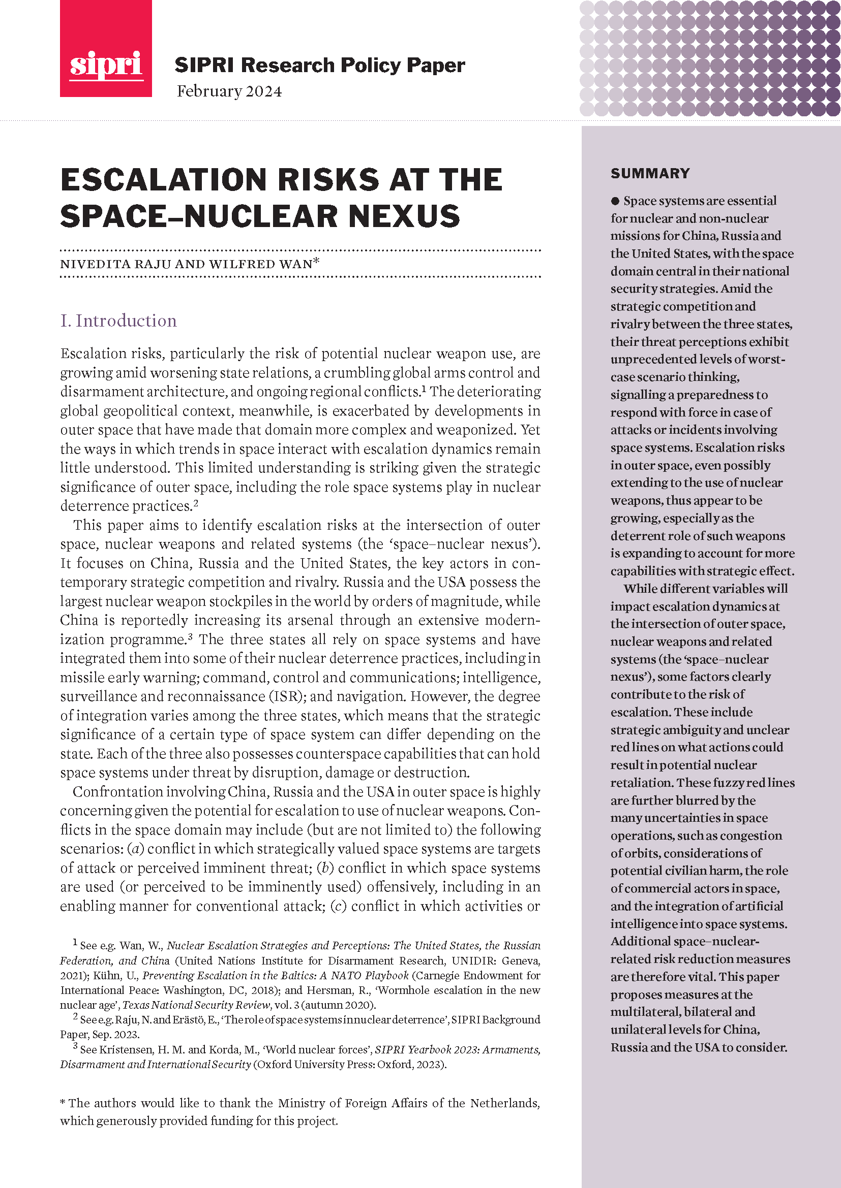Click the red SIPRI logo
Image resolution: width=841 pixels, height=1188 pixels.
coord(106,49)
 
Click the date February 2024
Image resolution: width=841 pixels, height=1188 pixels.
coord(229,91)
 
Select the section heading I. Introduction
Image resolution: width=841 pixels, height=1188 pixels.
coord(118,321)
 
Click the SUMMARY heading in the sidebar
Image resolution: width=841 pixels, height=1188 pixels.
coord(650,173)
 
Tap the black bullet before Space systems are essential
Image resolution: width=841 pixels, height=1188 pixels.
coord(615,201)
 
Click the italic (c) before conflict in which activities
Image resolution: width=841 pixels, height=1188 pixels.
coord(338,906)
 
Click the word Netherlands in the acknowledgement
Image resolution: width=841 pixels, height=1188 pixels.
coord(505,1103)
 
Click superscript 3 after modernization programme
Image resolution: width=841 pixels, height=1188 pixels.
coord(190,637)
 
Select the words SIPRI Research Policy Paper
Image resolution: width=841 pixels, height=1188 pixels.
coord(319,65)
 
